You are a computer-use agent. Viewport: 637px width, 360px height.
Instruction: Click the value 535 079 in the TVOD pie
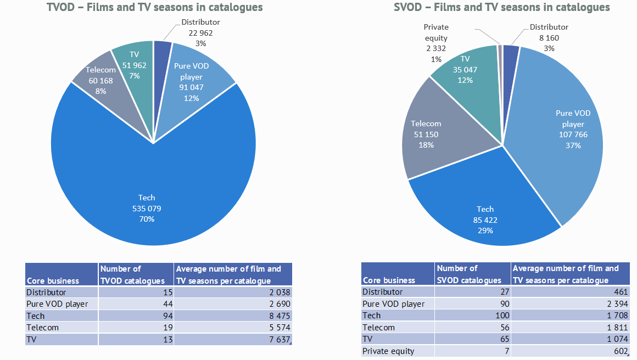147,209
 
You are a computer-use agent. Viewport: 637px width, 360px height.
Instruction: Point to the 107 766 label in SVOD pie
573,135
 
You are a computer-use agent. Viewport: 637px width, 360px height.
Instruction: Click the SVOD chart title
502,7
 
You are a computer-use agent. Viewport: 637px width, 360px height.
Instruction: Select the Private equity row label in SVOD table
388,351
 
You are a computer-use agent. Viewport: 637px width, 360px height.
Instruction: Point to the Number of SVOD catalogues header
469,274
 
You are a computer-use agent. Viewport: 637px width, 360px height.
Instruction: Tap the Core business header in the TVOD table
53,280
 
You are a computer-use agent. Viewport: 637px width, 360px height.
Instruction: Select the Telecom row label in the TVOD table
42,327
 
